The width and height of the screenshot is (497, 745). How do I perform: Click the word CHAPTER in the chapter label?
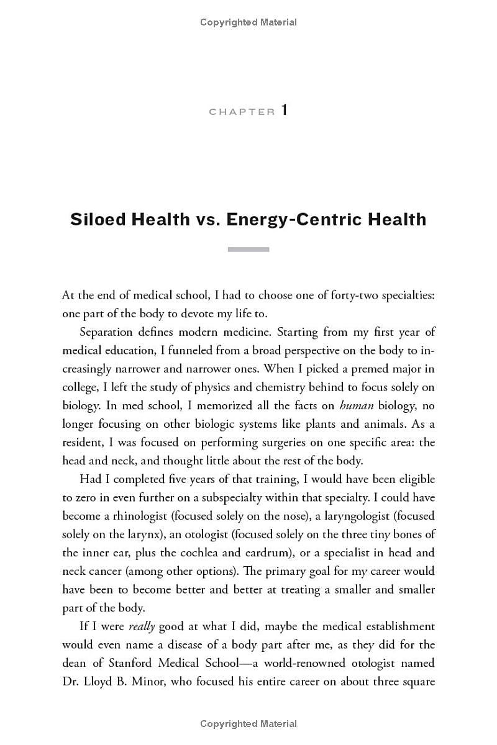click(x=242, y=112)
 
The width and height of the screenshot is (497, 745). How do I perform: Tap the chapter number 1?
click(x=285, y=111)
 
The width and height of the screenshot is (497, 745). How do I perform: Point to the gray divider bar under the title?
click(x=248, y=250)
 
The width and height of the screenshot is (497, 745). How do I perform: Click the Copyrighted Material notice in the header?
click(x=248, y=22)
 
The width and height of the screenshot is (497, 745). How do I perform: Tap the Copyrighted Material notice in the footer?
click(x=248, y=724)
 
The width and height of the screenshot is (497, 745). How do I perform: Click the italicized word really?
click(x=141, y=626)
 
